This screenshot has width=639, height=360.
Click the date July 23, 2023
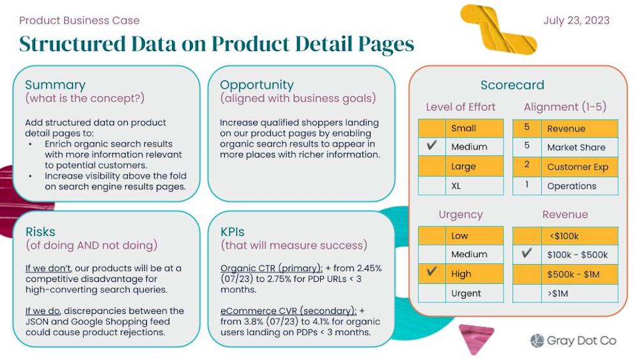tap(576, 20)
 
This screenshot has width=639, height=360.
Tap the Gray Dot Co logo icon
tap(537, 340)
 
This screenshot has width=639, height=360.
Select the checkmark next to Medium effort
tap(431, 146)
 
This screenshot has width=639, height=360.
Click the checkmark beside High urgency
tap(431, 273)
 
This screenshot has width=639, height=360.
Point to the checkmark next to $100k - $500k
tap(527, 254)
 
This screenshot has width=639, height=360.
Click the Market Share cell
tap(576, 147)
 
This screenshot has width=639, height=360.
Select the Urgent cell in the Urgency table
tap(466, 293)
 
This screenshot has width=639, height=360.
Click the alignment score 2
tap(527, 166)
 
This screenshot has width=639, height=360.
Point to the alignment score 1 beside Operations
tap(527, 185)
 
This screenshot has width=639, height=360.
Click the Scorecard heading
tap(512, 85)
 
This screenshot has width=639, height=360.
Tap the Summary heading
tap(55, 85)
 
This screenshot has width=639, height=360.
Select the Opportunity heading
tap(257, 85)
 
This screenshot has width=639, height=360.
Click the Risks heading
tap(40, 231)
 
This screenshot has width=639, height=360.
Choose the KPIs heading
tap(232, 231)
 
